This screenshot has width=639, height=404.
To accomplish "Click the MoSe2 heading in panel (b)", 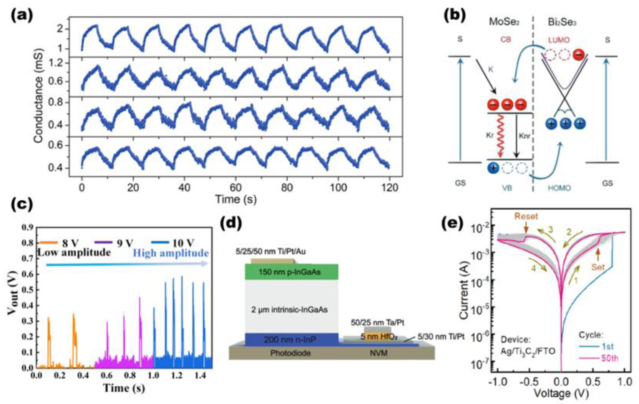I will click(504, 22).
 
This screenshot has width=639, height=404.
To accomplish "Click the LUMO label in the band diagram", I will click(559, 40).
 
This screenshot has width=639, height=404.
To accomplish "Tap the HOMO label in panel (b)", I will click(559, 188).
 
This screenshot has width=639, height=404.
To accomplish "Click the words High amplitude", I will click(171, 253).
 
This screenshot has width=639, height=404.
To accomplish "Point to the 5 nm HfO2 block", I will click(379, 337).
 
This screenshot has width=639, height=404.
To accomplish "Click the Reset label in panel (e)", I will click(526, 216).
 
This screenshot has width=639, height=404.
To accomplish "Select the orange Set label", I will click(598, 267).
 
